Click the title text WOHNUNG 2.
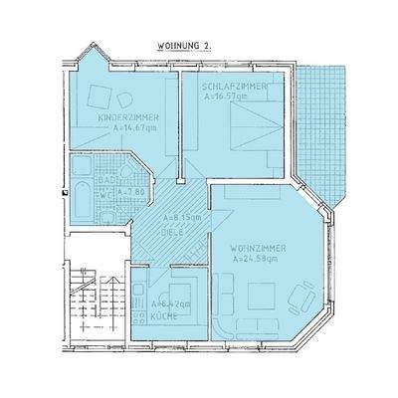184,46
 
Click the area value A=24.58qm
258,259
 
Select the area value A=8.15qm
180,216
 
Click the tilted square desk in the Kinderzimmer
99,96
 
